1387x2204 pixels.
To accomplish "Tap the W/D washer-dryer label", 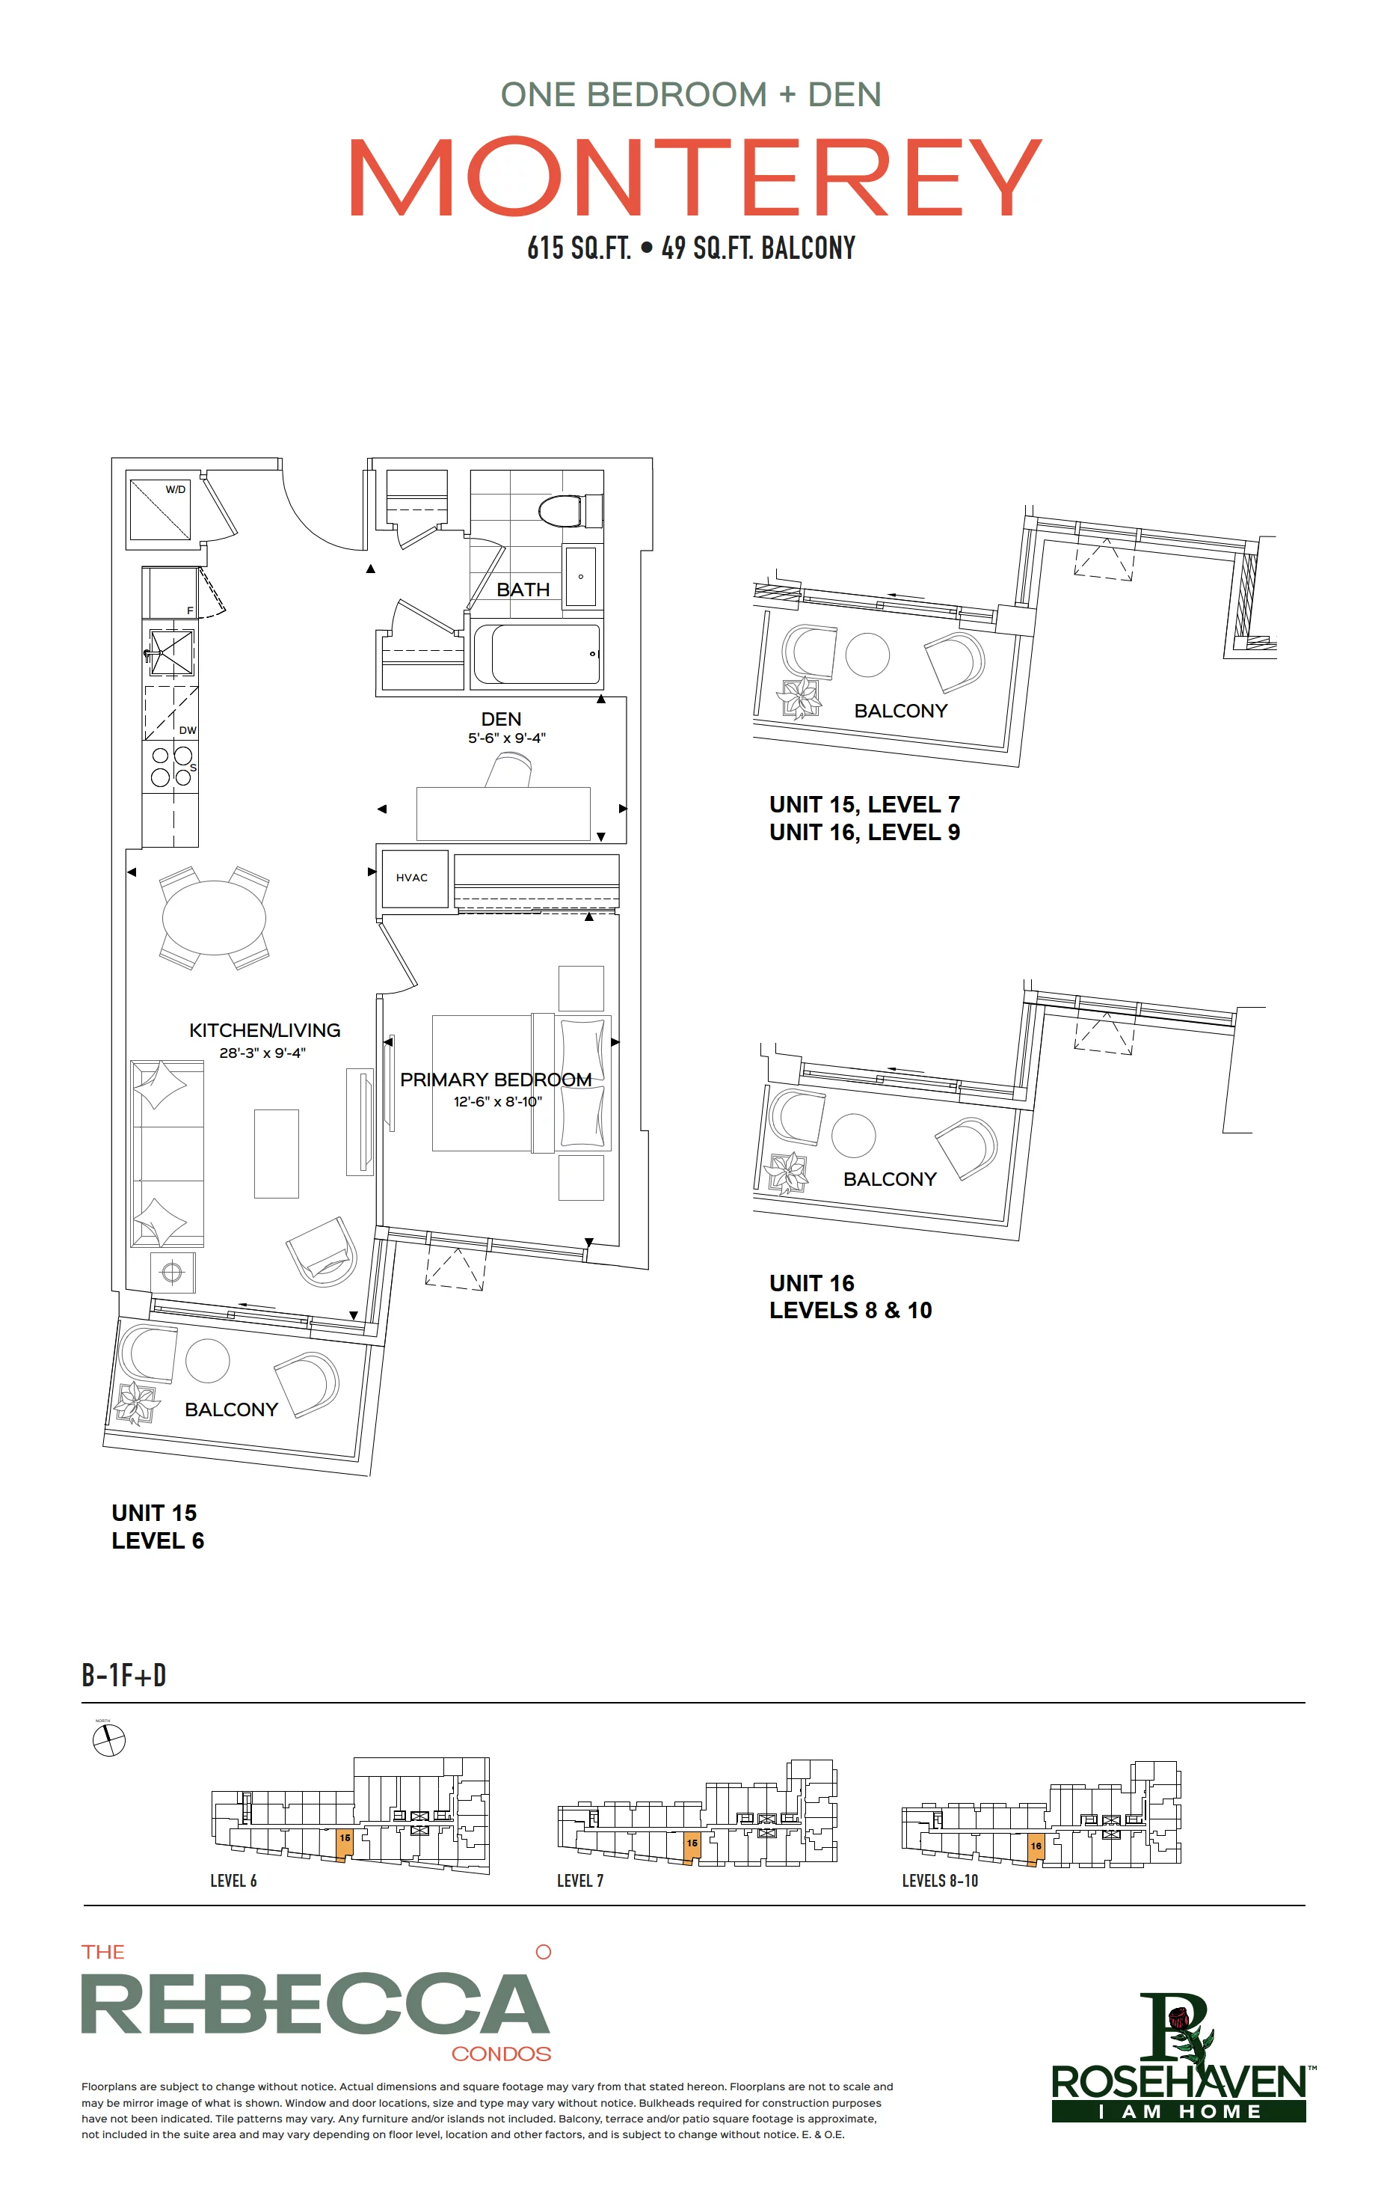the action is coord(175,490).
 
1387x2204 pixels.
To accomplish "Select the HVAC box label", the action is coord(412,878).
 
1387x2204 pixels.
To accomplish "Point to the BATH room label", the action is coord(523,590).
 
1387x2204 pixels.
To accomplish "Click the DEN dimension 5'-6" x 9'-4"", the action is coord(507,738).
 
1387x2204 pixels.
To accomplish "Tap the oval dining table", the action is coord(214,917).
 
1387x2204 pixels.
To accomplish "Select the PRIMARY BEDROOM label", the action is coord(496,1080).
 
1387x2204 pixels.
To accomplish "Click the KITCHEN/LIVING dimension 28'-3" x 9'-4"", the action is coord(262,1053).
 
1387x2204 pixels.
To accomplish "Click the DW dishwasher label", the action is coord(188,730).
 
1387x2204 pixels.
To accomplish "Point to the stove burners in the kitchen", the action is coord(171,767).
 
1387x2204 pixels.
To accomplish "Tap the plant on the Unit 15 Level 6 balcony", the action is coord(136,1401).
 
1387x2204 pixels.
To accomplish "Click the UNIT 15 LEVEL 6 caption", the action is coord(157,1527).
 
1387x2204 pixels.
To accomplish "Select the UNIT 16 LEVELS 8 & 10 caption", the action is coord(850,1297).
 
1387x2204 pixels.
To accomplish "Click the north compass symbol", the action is coord(109,1740).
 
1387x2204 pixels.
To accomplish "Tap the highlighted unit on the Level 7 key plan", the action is coord(692,1847).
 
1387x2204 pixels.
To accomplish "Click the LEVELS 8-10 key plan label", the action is coord(940,1881).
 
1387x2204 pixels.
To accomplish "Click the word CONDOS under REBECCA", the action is coord(502,2054).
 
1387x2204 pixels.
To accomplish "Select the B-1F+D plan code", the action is coord(123,1675).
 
